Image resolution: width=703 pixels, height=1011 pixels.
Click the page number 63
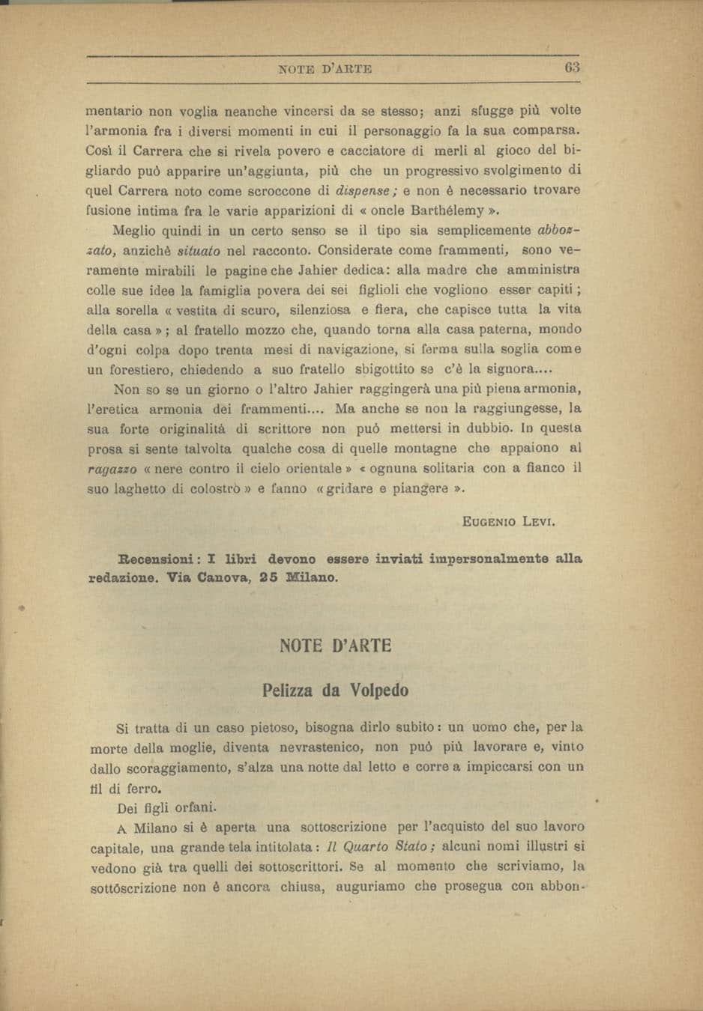(x=573, y=67)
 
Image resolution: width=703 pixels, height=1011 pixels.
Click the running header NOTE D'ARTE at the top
(x=325, y=69)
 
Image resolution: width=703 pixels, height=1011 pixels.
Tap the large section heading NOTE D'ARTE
(x=335, y=646)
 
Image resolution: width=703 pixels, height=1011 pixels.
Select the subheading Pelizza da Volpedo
(x=335, y=690)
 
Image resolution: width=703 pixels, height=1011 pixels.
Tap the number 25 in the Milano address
(x=270, y=578)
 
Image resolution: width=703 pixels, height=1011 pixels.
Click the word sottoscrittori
(x=298, y=867)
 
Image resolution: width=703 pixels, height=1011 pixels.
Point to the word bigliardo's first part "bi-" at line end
(x=572, y=150)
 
